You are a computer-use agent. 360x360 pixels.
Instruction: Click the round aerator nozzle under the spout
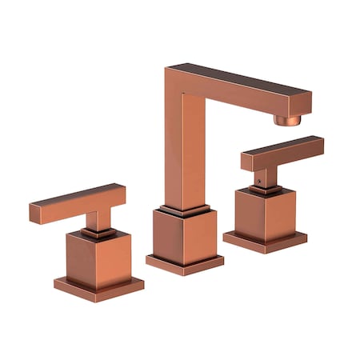click(x=289, y=119)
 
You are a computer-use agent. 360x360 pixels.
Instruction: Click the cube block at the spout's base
click(x=184, y=236)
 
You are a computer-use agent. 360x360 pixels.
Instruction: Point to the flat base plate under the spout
click(x=184, y=263)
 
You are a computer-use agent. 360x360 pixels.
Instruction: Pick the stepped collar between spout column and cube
click(x=184, y=210)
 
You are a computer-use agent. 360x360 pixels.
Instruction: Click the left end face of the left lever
click(x=34, y=214)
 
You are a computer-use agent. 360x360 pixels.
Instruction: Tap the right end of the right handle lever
click(x=320, y=144)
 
